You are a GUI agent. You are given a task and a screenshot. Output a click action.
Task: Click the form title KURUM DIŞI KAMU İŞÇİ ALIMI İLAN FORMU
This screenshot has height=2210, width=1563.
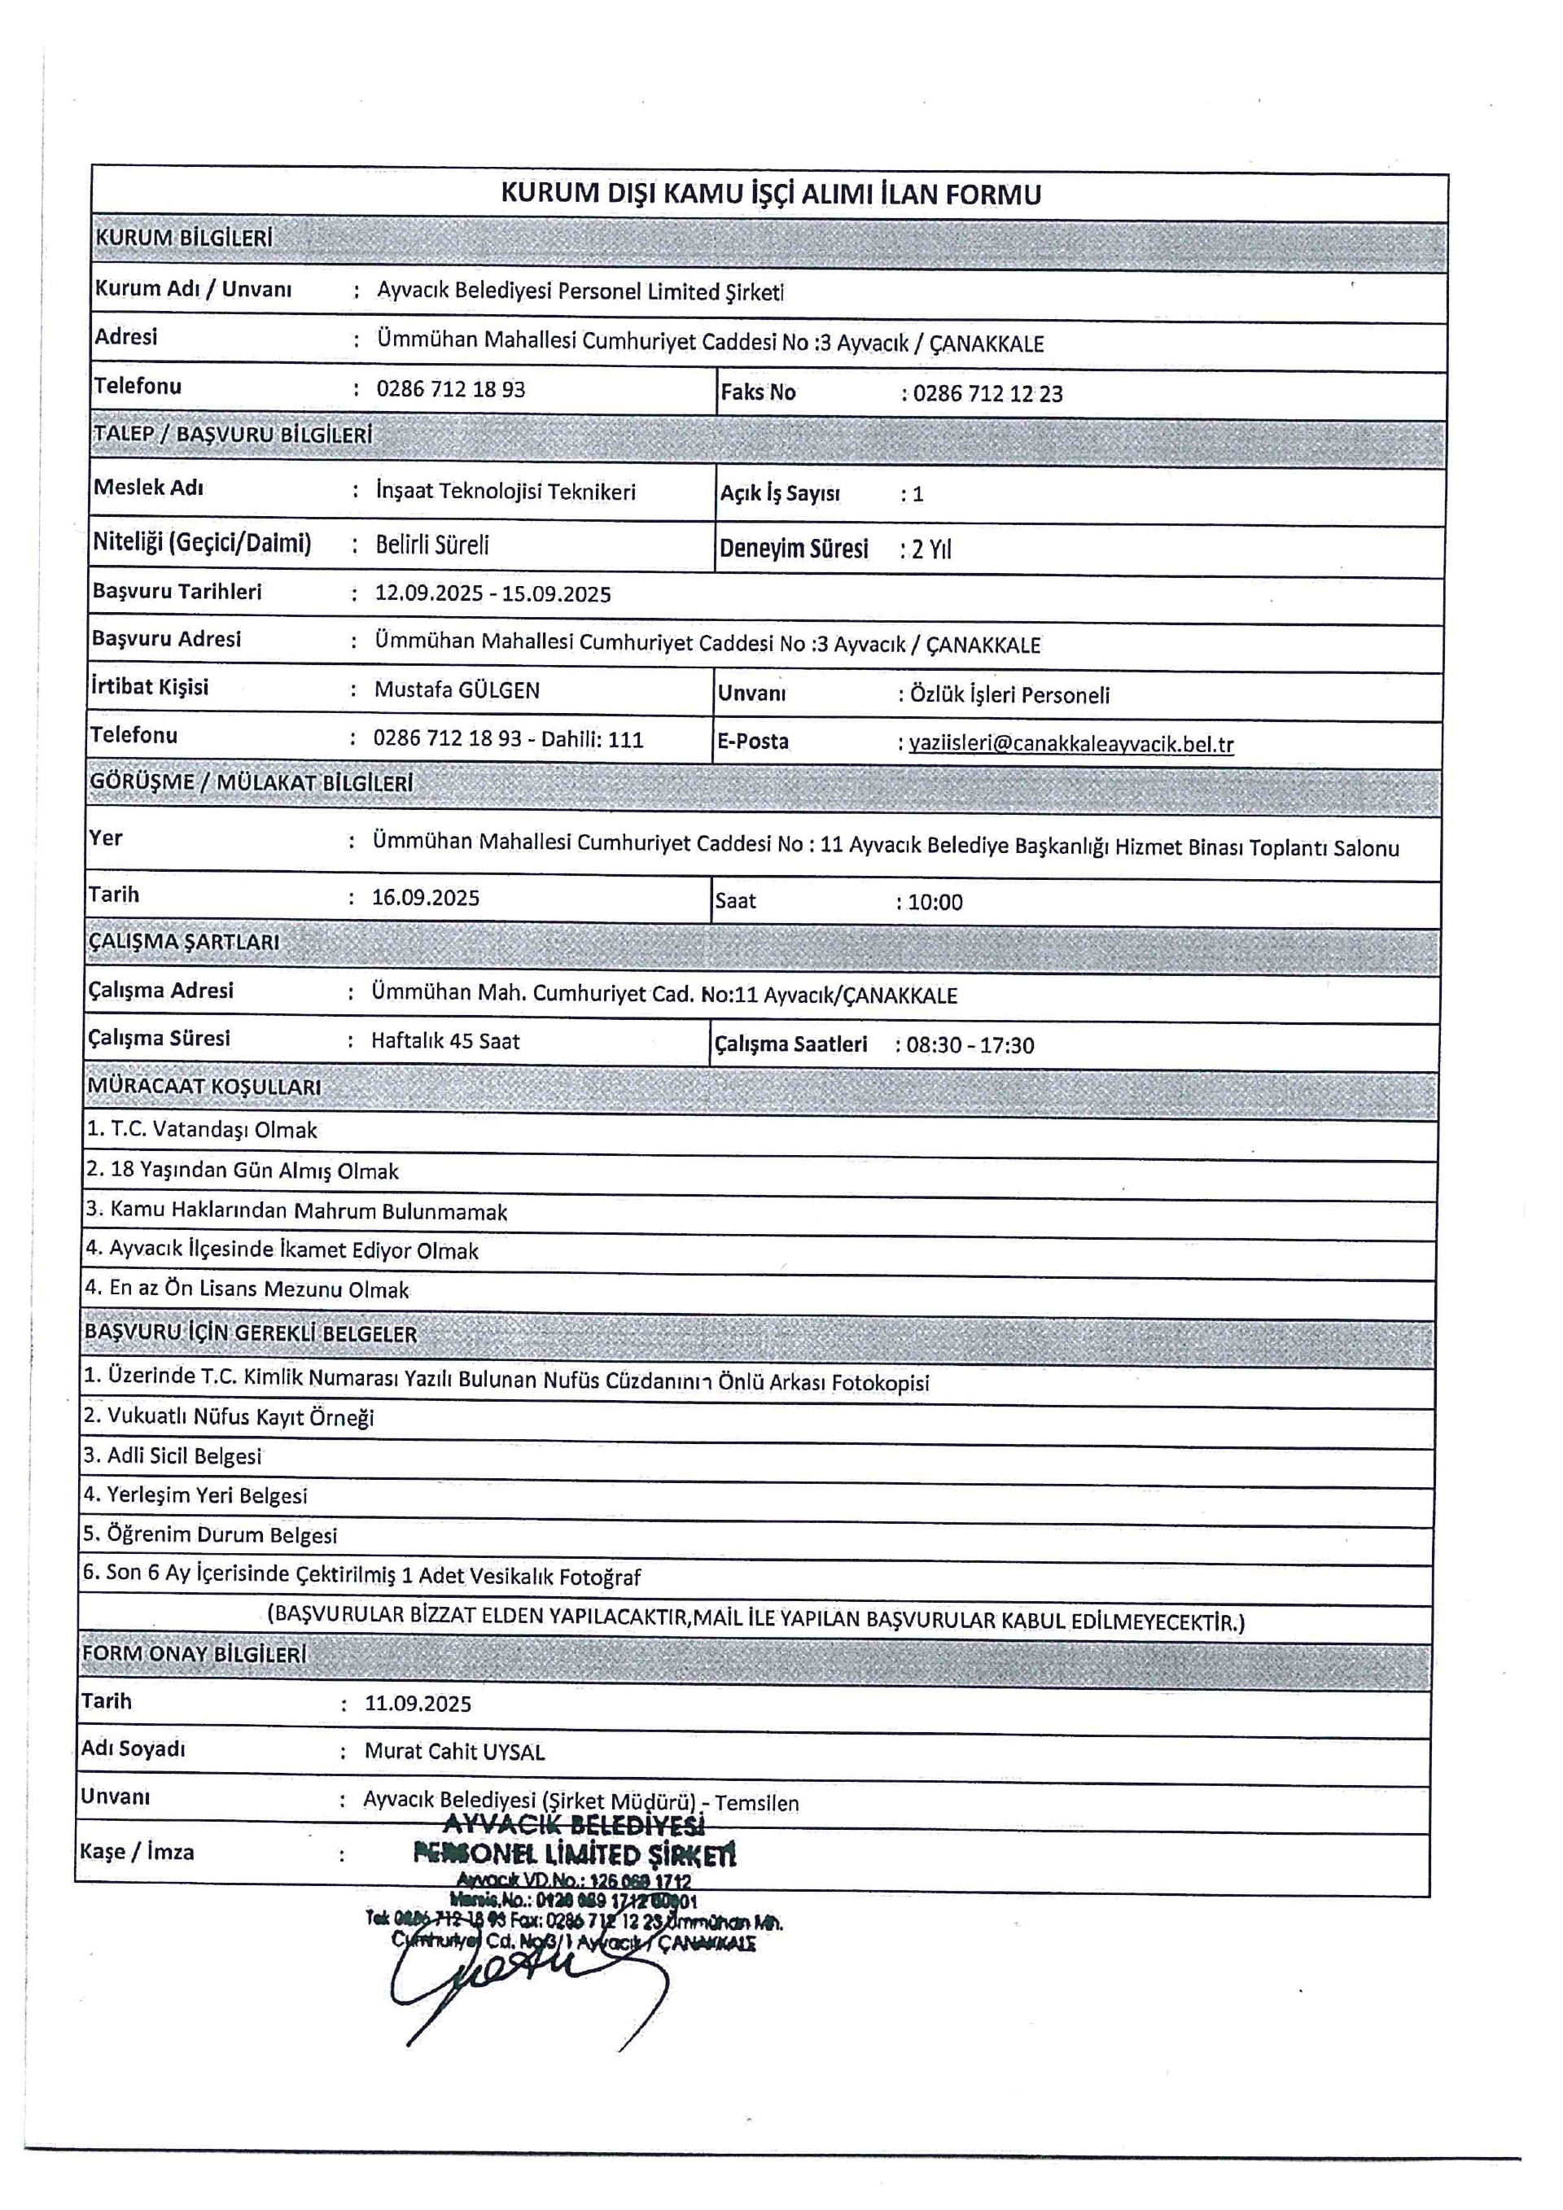click(x=770, y=195)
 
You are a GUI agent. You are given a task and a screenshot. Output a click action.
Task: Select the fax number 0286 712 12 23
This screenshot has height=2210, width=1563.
click(x=987, y=392)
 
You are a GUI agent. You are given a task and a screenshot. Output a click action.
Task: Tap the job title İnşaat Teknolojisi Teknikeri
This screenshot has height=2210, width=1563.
click(x=506, y=492)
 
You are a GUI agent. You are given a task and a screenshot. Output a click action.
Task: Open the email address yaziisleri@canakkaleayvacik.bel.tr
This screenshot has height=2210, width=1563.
click(x=1071, y=744)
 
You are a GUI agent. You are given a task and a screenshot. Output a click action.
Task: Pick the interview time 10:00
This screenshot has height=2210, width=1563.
click(x=935, y=902)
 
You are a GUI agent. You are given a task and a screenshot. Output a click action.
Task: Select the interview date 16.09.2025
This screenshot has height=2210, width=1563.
click(x=426, y=898)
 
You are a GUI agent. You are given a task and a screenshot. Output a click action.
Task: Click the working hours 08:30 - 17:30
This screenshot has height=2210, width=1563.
click(x=970, y=1045)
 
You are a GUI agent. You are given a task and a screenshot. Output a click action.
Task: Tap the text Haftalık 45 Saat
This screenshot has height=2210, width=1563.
click(x=445, y=1041)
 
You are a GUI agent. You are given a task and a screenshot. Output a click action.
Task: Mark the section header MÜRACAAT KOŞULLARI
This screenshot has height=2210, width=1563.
click(x=204, y=1087)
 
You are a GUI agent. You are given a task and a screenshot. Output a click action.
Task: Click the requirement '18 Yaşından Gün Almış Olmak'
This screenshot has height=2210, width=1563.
click(x=254, y=1171)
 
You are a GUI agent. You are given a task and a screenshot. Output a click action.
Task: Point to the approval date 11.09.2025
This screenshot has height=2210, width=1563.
click(x=418, y=1704)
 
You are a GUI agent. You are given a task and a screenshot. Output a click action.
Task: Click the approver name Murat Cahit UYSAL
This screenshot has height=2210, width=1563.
click(x=454, y=1752)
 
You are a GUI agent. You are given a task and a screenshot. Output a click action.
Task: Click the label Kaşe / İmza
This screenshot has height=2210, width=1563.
click(x=137, y=1852)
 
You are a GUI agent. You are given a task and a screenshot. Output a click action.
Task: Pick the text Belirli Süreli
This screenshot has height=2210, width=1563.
click(x=432, y=545)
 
